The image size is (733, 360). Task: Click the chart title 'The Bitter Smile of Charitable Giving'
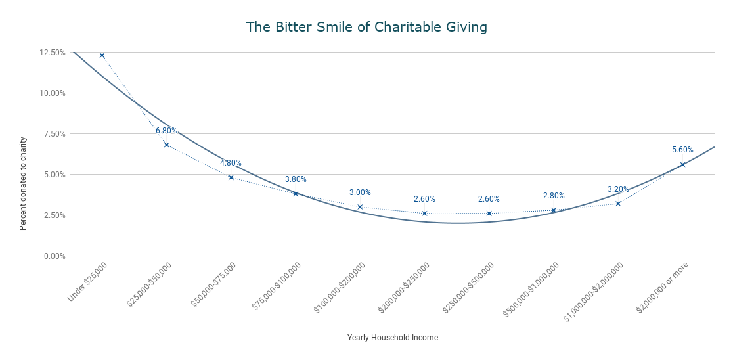(x=366, y=27)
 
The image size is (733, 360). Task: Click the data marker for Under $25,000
(x=102, y=55)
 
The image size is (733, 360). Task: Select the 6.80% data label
(x=166, y=131)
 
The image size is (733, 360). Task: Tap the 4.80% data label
(x=231, y=163)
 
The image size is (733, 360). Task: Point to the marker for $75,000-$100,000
(x=296, y=194)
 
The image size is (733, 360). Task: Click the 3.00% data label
(x=360, y=192)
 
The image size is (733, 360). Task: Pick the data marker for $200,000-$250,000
(x=424, y=214)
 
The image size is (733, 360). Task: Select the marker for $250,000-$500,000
(x=489, y=214)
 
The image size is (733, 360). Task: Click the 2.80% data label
(x=554, y=196)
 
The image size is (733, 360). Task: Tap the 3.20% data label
(x=618, y=189)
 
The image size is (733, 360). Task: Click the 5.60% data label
(x=682, y=150)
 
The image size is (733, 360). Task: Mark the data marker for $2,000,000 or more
(x=682, y=164)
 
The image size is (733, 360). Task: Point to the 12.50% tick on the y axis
(x=53, y=53)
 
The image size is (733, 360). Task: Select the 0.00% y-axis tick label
(x=54, y=256)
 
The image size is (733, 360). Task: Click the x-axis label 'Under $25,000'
(x=88, y=281)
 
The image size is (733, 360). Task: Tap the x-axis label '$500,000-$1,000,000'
(x=531, y=289)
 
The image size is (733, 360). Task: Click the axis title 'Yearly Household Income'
(x=392, y=338)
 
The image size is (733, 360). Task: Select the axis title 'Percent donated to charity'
(x=23, y=183)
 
